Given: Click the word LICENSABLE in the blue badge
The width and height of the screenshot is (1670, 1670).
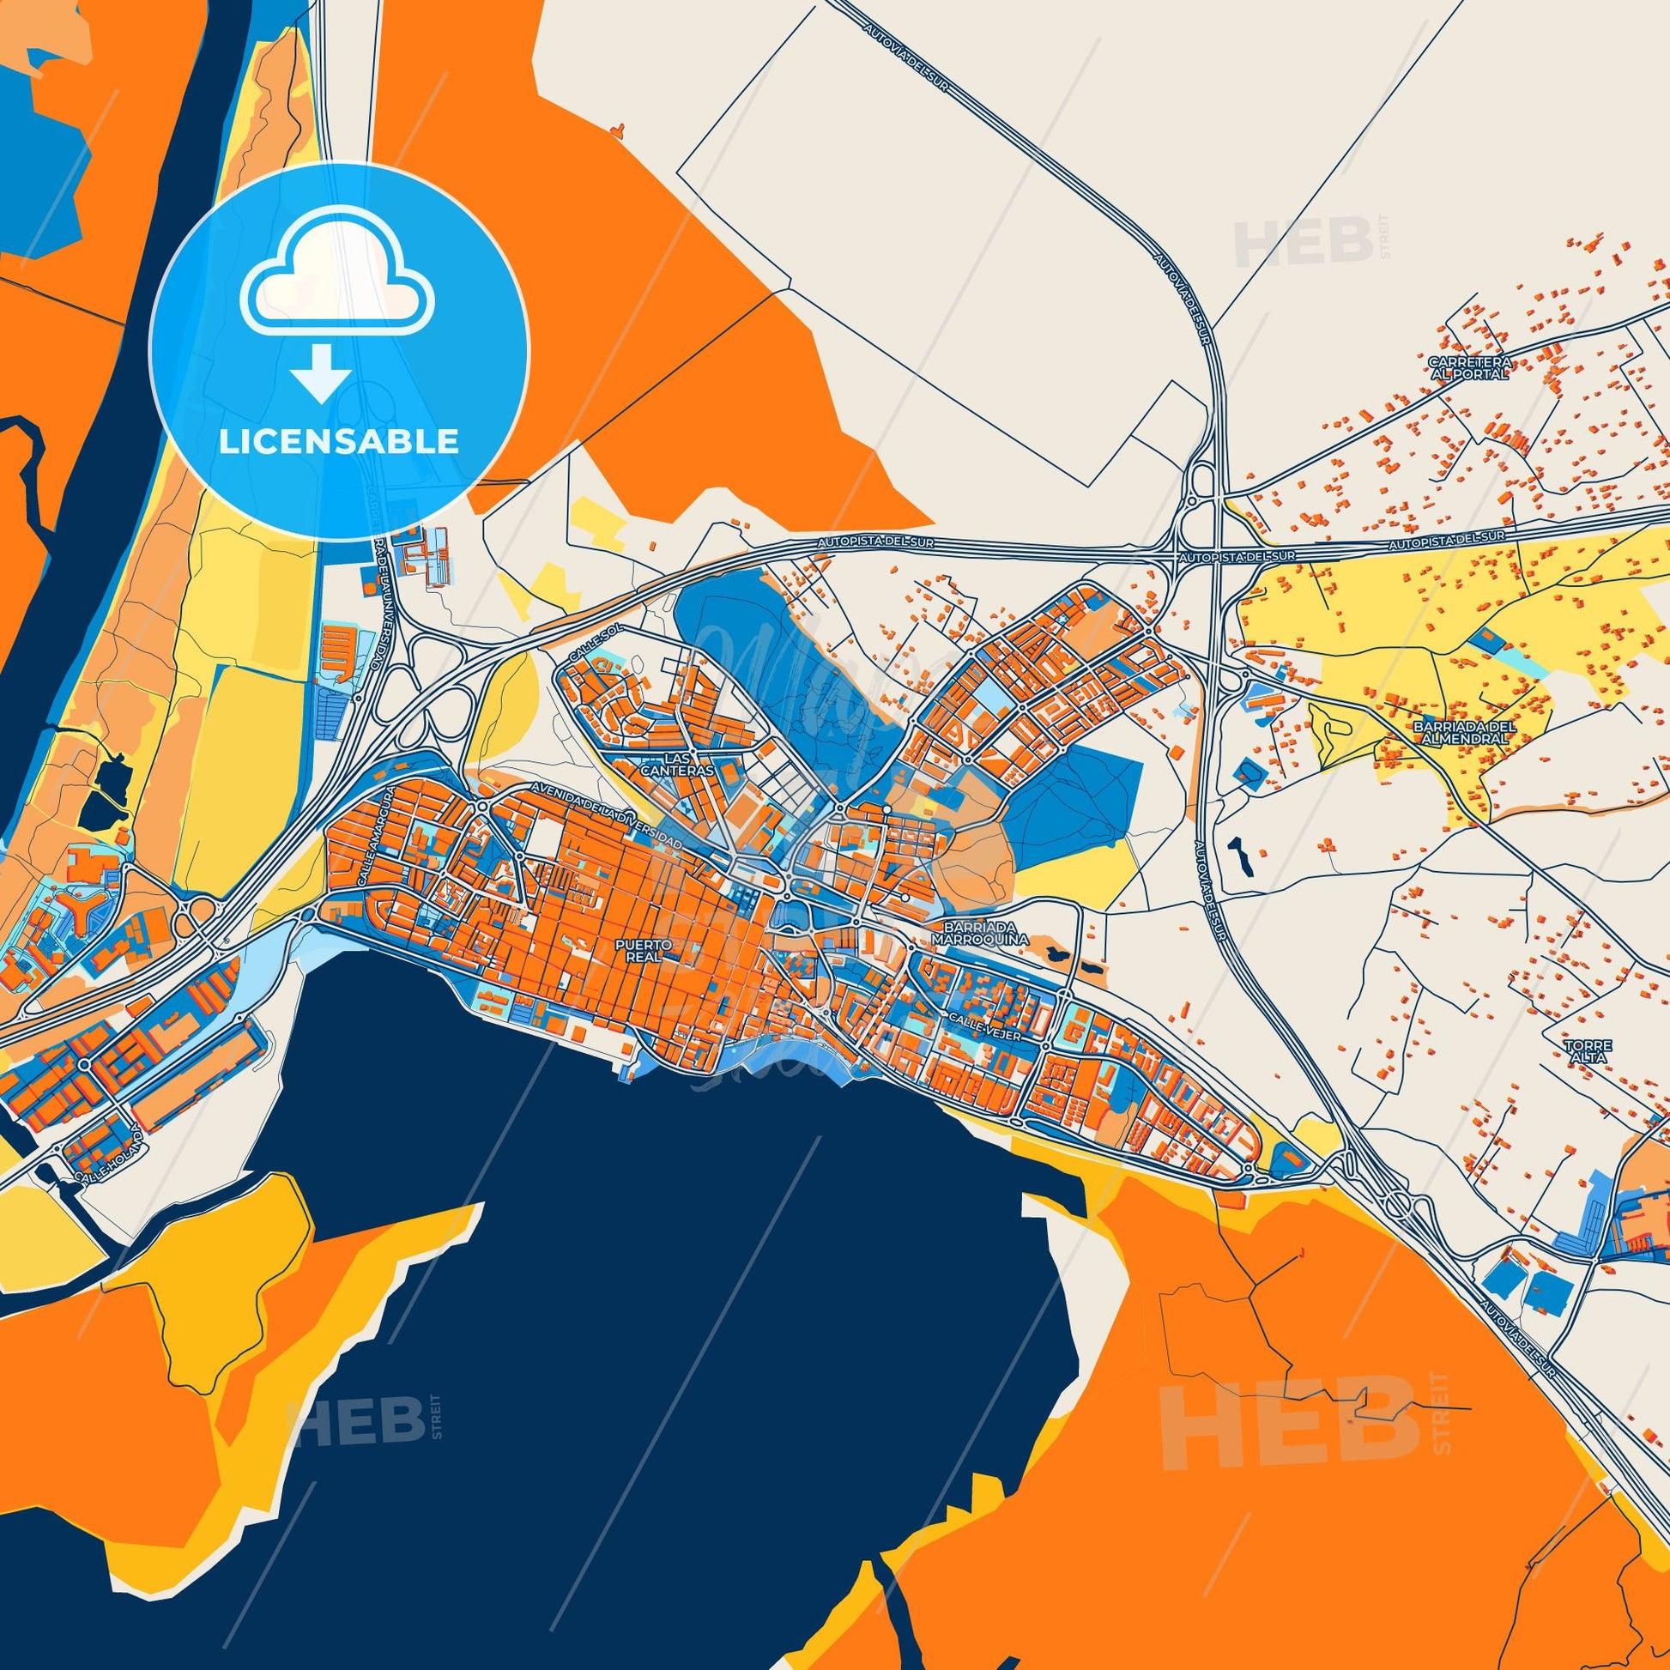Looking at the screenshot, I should (338, 441).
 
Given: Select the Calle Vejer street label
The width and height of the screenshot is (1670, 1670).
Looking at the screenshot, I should (985, 1028).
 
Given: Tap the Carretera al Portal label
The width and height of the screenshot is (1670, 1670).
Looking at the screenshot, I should (1469, 368).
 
